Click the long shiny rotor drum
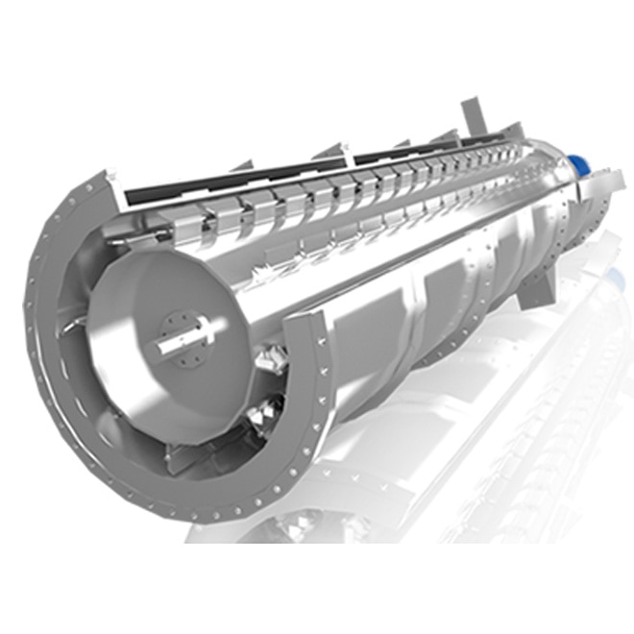(384, 240)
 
